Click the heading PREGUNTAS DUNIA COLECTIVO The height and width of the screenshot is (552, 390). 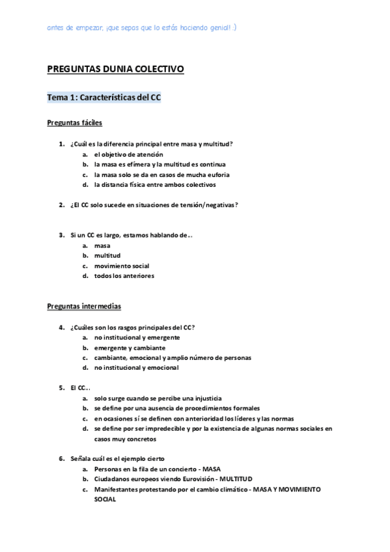coord(116,68)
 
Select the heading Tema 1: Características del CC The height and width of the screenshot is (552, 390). coord(104,98)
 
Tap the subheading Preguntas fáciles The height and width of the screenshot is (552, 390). coord(74,122)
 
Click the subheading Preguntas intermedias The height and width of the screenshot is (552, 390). coord(84,305)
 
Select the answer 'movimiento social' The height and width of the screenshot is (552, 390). coord(121,266)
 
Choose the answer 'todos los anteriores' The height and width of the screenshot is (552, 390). coord(124,276)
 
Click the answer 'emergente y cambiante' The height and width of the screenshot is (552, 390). coord(130,348)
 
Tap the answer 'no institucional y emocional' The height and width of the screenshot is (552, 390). coord(136,368)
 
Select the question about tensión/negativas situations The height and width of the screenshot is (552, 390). coord(154,205)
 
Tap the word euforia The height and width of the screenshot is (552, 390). coord(217,174)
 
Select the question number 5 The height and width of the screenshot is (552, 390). coord(61,388)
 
